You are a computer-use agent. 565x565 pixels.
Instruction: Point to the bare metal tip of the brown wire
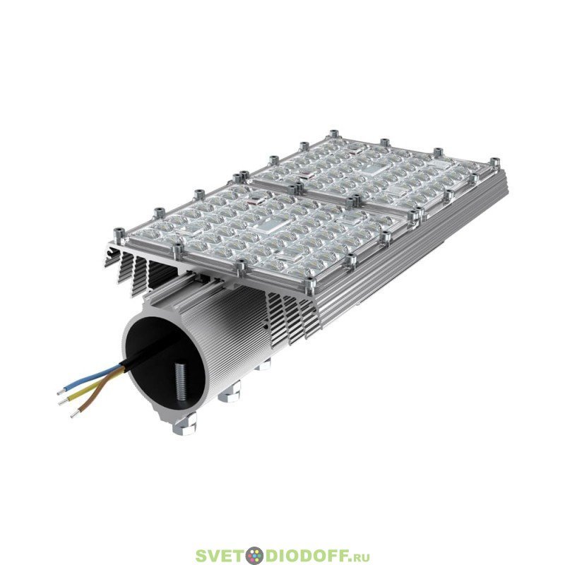click(75, 415)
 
